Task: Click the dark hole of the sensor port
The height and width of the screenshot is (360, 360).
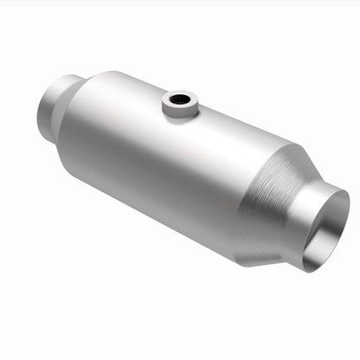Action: (179, 100)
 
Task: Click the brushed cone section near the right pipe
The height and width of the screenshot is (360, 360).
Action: (264, 203)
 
